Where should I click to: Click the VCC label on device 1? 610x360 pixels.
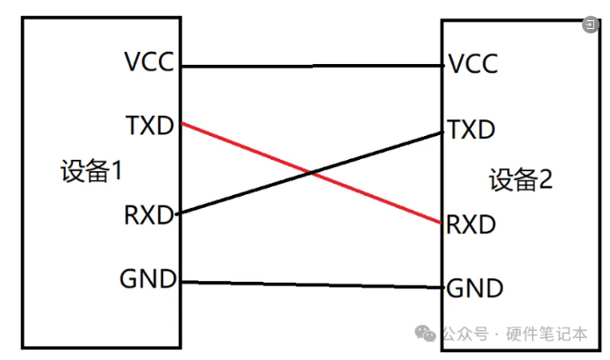(150, 63)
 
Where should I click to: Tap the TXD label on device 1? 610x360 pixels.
(150, 125)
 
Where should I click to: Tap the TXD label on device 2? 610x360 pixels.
(471, 131)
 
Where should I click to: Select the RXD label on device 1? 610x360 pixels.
(149, 214)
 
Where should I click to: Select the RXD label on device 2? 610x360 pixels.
(471, 224)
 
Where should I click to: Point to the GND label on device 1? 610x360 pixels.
(148, 280)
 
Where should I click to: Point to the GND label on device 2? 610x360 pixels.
(475, 287)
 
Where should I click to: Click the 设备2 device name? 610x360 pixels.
(521, 181)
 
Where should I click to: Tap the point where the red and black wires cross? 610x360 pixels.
(312, 173)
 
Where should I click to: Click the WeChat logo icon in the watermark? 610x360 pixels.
(426, 334)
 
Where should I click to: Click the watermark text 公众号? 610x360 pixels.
(464, 335)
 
